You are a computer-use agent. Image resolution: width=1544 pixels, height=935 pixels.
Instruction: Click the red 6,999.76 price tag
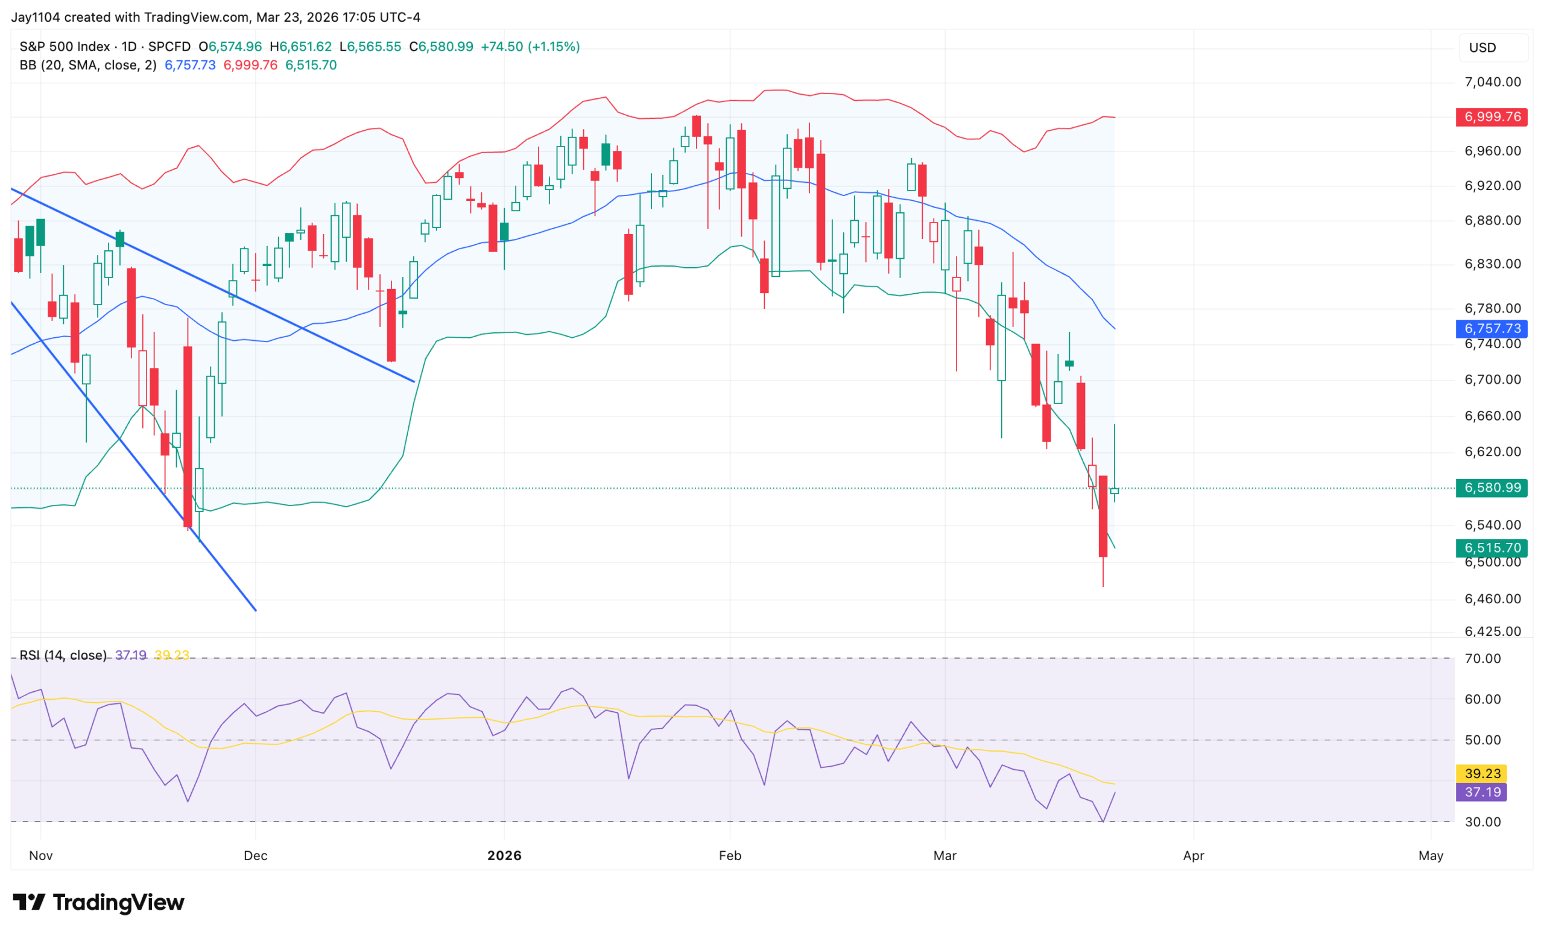tap(1492, 117)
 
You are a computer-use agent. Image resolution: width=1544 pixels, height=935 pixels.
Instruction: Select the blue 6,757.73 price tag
tap(1492, 328)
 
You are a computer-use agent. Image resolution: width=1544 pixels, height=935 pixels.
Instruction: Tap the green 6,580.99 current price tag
tap(1492, 487)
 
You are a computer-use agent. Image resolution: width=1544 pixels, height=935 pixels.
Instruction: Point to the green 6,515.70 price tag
tap(1492, 548)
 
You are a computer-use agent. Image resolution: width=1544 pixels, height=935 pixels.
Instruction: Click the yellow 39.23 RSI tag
tap(1482, 773)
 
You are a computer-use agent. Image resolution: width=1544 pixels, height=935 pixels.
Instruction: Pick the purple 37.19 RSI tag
tap(1482, 792)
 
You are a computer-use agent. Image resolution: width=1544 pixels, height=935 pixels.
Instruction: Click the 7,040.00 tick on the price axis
tap(1492, 82)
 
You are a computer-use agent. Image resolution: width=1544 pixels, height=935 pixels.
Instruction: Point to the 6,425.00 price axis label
tap(1492, 631)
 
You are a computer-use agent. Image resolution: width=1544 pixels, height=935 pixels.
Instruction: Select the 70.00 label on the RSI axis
tap(1482, 659)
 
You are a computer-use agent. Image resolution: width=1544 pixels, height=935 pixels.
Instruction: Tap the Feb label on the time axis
tap(730, 855)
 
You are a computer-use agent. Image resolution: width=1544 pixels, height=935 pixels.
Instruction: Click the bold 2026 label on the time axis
tap(504, 855)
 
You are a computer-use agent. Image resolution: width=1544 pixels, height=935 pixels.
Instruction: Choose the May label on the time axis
tap(1431, 855)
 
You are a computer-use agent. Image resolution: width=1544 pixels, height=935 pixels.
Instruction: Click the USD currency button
tap(1482, 48)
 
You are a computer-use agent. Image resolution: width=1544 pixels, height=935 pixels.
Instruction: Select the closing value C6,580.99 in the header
tap(441, 47)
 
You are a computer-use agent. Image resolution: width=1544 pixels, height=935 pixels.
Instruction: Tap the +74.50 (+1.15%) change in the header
tap(530, 47)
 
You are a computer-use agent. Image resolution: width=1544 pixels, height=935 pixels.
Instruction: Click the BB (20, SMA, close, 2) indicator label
tap(87, 65)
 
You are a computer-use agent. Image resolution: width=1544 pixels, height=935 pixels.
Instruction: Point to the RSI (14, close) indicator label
tap(63, 655)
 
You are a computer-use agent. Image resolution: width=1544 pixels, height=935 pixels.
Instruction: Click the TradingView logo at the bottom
tap(99, 902)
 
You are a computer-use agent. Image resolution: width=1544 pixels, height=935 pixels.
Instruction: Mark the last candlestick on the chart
tap(1114, 490)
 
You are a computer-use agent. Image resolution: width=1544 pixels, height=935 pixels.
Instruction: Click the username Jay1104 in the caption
tap(36, 17)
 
